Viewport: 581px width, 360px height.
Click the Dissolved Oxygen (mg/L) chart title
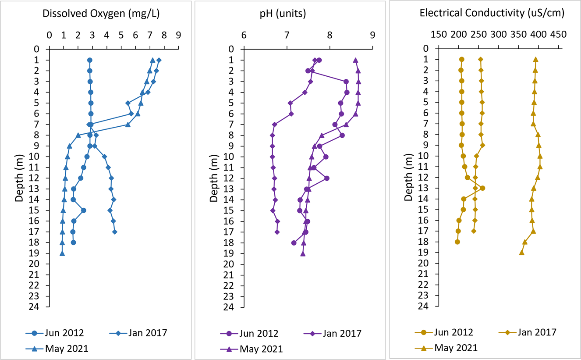[x=101, y=14]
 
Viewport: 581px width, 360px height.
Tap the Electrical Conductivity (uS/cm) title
[x=492, y=13]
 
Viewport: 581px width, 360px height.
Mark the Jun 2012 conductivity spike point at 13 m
[x=482, y=188]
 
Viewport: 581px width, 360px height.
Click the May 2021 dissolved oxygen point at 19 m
[x=62, y=253]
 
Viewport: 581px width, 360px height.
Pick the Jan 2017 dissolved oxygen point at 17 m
[x=115, y=232]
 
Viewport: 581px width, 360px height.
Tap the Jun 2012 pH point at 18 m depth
[x=294, y=243]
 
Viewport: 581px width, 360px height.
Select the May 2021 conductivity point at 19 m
[x=521, y=253]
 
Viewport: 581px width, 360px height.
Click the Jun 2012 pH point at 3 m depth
[x=346, y=82]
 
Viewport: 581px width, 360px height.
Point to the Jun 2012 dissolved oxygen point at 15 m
[x=84, y=210]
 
